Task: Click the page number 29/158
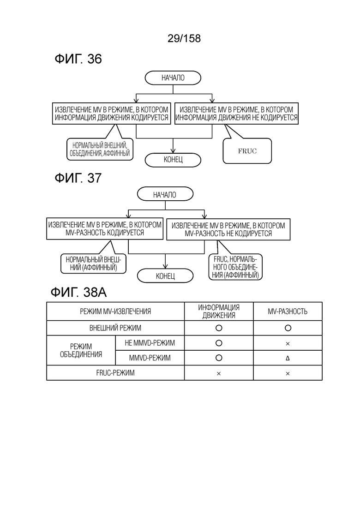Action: pyautogui.click(x=184, y=38)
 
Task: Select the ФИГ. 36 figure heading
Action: pyautogui.click(x=78, y=59)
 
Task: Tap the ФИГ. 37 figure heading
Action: pyautogui.click(x=78, y=178)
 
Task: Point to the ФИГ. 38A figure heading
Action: pyautogui.click(x=78, y=292)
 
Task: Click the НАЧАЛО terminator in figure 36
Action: pyautogui.click(x=173, y=78)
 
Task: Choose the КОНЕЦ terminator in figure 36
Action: pyautogui.click(x=173, y=160)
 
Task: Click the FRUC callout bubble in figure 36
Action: pyautogui.click(x=247, y=151)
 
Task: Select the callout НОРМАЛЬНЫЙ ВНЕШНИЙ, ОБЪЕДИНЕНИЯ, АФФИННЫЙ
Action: pyautogui.click(x=100, y=150)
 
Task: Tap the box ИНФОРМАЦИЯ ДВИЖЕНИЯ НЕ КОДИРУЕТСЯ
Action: pyautogui.click(x=236, y=114)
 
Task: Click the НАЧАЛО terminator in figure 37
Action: pyautogui.click(x=165, y=194)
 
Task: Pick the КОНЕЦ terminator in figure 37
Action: pyautogui.click(x=165, y=276)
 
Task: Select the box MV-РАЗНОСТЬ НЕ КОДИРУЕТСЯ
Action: pyautogui.click(x=228, y=229)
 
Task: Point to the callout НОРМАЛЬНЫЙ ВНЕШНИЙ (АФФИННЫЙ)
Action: pyautogui.click(x=93, y=263)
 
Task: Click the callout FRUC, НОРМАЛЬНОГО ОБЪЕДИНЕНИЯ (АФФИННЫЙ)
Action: pyautogui.click(x=235, y=267)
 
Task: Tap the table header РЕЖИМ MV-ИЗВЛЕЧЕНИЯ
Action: pyautogui.click(x=115, y=311)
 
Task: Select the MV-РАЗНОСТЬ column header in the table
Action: pyautogui.click(x=288, y=311)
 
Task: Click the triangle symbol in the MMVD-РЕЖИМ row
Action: pyautogui.click(x=288, y=359)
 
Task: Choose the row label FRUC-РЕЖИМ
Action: pyautogui.click(x=115, y=373)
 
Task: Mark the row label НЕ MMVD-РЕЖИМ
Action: pyautogui.click(x=150, y=343)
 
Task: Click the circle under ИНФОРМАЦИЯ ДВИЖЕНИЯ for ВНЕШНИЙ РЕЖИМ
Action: pyautogui.click(x=219, y=328)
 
